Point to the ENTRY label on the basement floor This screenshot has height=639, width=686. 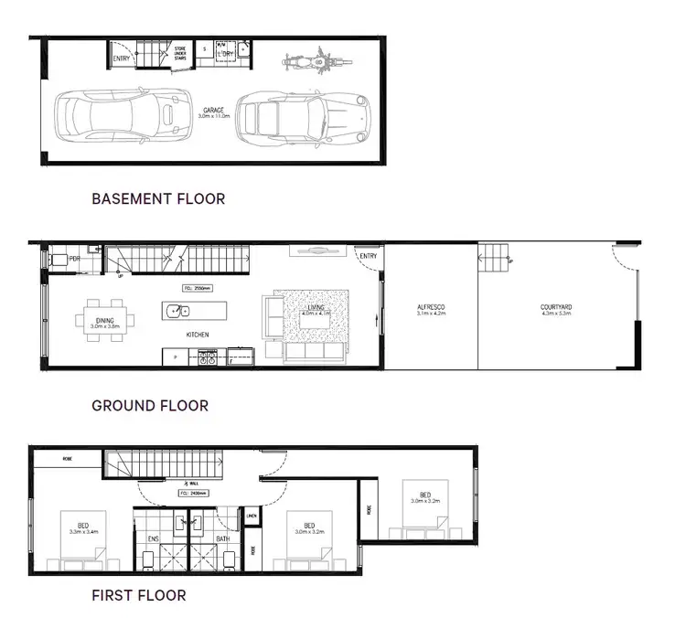pos(122,59)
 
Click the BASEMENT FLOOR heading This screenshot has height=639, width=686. pos(158,197)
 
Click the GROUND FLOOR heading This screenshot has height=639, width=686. pos(150,405)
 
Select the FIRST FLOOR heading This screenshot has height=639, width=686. pos(139,595)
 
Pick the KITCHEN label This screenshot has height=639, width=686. pos(198,335)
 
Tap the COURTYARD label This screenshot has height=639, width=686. pos(555,308)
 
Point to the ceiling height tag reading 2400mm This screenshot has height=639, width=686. pos(194,492)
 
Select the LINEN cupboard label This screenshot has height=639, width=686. pos(252,516)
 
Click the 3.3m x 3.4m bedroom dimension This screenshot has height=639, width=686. pos(83,531)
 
